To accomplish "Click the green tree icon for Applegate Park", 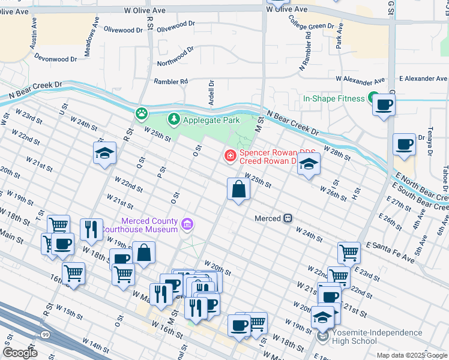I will tap(174, 119).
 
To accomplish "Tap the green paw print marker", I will tap(142, 112).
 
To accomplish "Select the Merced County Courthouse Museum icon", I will tap(188, 224).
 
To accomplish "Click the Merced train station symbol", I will tap(288, 218).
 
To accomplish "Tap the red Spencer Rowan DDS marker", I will tap(229, 156).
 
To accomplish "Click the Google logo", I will tap(20, 352).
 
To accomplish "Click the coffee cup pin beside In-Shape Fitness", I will tap(384, 106).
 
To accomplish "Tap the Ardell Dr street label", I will tap(211, 94).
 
